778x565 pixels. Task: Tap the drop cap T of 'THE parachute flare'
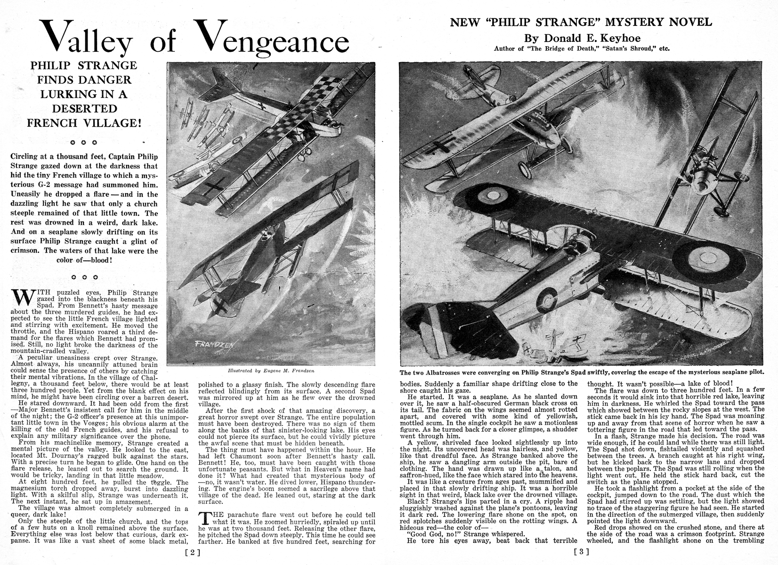pos(204,518)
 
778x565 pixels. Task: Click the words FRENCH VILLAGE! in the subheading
pos(84,123)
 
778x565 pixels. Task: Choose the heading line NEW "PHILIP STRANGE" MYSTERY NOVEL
pos(582,22)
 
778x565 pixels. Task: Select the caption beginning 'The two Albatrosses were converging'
pos(581,371)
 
